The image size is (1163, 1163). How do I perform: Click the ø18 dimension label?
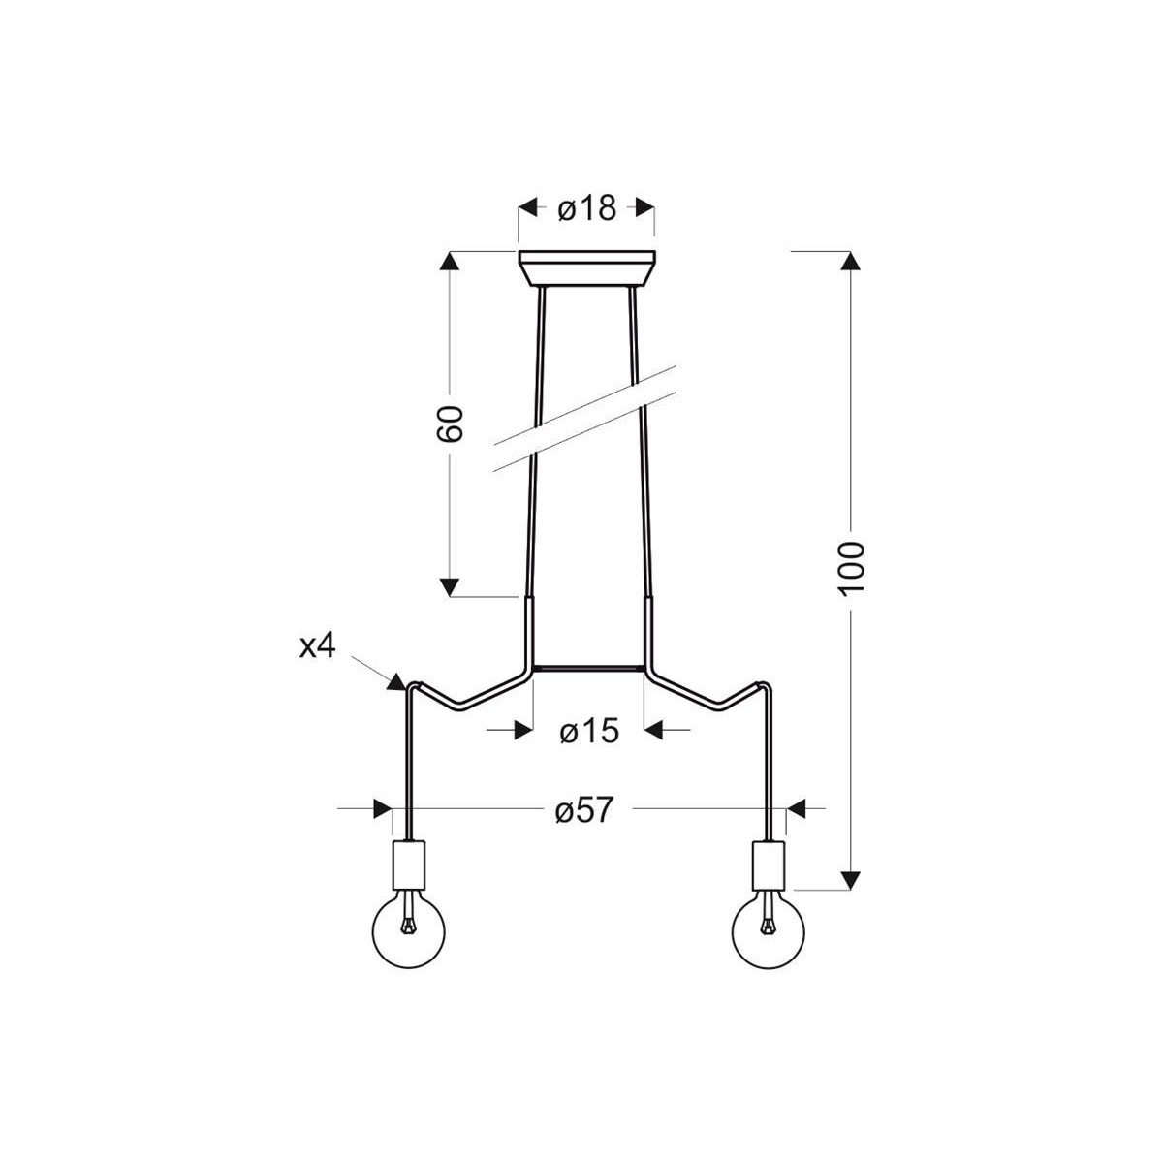pos(587,207)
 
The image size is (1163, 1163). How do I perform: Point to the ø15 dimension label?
pos(588,730)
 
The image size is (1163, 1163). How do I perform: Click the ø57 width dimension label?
pos(584,809)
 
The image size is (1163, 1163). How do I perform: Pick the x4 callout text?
pos(317,646)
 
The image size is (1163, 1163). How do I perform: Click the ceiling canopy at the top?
pos(587,268)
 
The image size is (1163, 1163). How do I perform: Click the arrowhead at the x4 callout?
pos(396,681)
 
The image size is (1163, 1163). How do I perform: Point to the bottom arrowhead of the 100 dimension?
pos(850,879)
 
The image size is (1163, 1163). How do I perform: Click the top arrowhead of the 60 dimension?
pos(450,263)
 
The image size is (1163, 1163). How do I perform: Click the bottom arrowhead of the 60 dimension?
pos(450,586)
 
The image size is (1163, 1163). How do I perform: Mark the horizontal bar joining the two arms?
pos(587,668)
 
